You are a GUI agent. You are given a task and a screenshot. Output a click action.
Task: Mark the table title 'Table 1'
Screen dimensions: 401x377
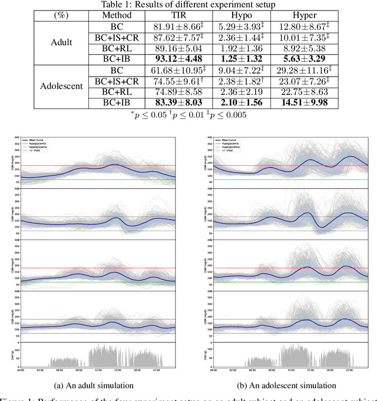(x=188, y=5)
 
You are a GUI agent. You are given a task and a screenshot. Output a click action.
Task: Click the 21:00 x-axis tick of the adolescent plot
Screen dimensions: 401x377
(x=348, y=371)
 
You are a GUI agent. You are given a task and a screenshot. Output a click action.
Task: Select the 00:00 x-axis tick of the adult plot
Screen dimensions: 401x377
(x=21, y=371)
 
